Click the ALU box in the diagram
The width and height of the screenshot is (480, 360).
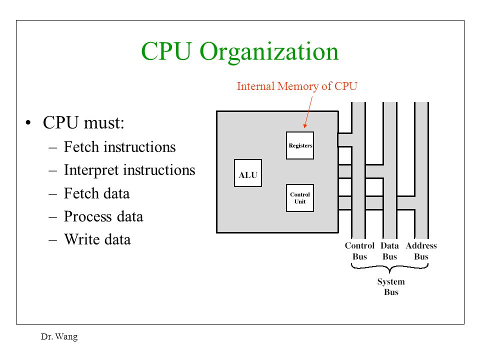pos(248,173)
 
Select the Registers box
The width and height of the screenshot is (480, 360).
pos(300,145)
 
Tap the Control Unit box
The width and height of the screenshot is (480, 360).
pos(300,198)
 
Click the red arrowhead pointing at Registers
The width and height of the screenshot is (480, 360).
pos(305,125)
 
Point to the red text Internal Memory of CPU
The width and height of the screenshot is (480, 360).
pos(297,86)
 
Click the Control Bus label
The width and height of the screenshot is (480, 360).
pos(359,251)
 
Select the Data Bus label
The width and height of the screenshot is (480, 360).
pos(389,251)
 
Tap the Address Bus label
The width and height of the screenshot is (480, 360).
pos(421,251)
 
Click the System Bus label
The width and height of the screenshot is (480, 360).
pos(391,286)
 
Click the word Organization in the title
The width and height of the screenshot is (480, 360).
pos(269,52)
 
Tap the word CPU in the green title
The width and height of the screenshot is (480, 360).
pos(166,51)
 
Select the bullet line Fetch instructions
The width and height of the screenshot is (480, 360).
pos(119,147)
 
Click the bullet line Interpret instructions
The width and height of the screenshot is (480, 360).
pos(129,170)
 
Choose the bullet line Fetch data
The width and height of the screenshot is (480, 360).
pos(96,193)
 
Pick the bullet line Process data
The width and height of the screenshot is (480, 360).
pos(103,216)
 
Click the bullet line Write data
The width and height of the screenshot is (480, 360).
pos(97,239)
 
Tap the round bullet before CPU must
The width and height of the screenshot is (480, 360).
pos(28,123)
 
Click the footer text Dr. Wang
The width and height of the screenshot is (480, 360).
pos(59,336)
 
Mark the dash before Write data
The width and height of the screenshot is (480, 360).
pos(52,240)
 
